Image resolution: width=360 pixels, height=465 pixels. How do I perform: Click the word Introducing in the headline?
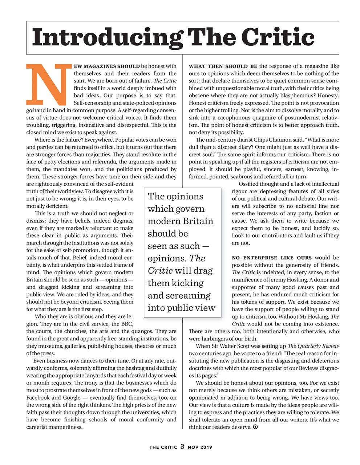[107, 37]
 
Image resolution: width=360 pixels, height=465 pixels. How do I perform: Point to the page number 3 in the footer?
[182, 446]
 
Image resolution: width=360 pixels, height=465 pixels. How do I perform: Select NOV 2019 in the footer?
[200, 447]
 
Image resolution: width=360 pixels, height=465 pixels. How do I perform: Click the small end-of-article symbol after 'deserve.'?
[255, 427]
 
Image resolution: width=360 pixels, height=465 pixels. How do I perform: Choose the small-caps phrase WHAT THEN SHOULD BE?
[223, 66]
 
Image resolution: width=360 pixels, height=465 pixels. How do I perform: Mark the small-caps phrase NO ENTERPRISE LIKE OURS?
[272, 258]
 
